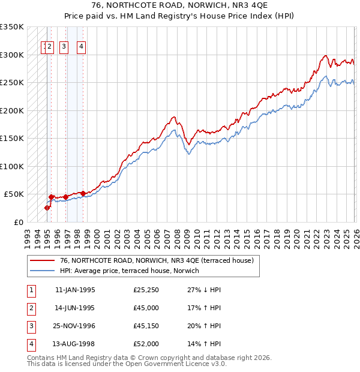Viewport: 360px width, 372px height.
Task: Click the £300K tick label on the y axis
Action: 12,55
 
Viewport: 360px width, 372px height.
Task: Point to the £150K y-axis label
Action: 12,138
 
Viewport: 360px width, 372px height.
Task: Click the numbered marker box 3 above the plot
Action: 64,47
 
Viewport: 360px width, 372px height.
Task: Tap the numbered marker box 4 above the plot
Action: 81,47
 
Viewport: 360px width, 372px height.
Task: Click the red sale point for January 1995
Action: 47,208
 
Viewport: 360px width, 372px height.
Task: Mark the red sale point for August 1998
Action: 83,193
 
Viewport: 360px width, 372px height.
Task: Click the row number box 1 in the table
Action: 30,290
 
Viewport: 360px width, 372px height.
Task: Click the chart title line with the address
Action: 180,7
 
